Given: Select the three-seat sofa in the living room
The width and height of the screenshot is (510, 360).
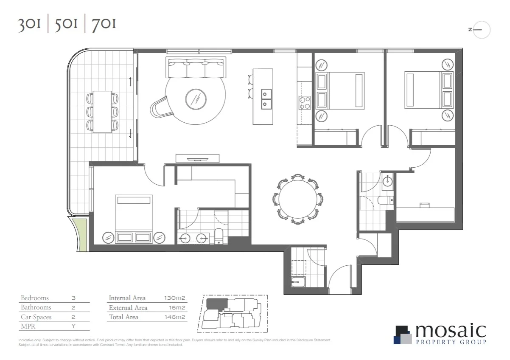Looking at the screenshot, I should [196, 68].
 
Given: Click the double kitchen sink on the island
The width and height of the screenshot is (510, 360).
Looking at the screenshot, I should [266, 98].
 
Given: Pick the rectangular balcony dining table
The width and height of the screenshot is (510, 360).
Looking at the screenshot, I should [102, 111].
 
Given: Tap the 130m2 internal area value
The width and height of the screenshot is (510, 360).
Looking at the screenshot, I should [175, 298].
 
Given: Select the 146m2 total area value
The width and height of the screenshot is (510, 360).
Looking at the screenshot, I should [175, 317].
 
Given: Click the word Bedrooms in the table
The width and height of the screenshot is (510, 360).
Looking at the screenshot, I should [35, 298].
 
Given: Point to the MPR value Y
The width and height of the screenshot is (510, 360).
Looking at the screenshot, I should [73, 327].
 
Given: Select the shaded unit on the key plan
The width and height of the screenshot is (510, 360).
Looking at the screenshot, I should [216, 304].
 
